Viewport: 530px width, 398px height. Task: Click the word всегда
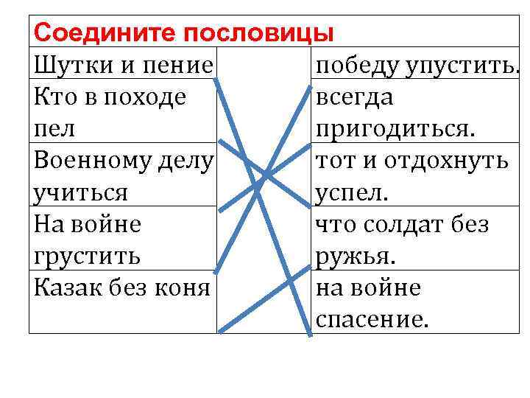tap(354, 97)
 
